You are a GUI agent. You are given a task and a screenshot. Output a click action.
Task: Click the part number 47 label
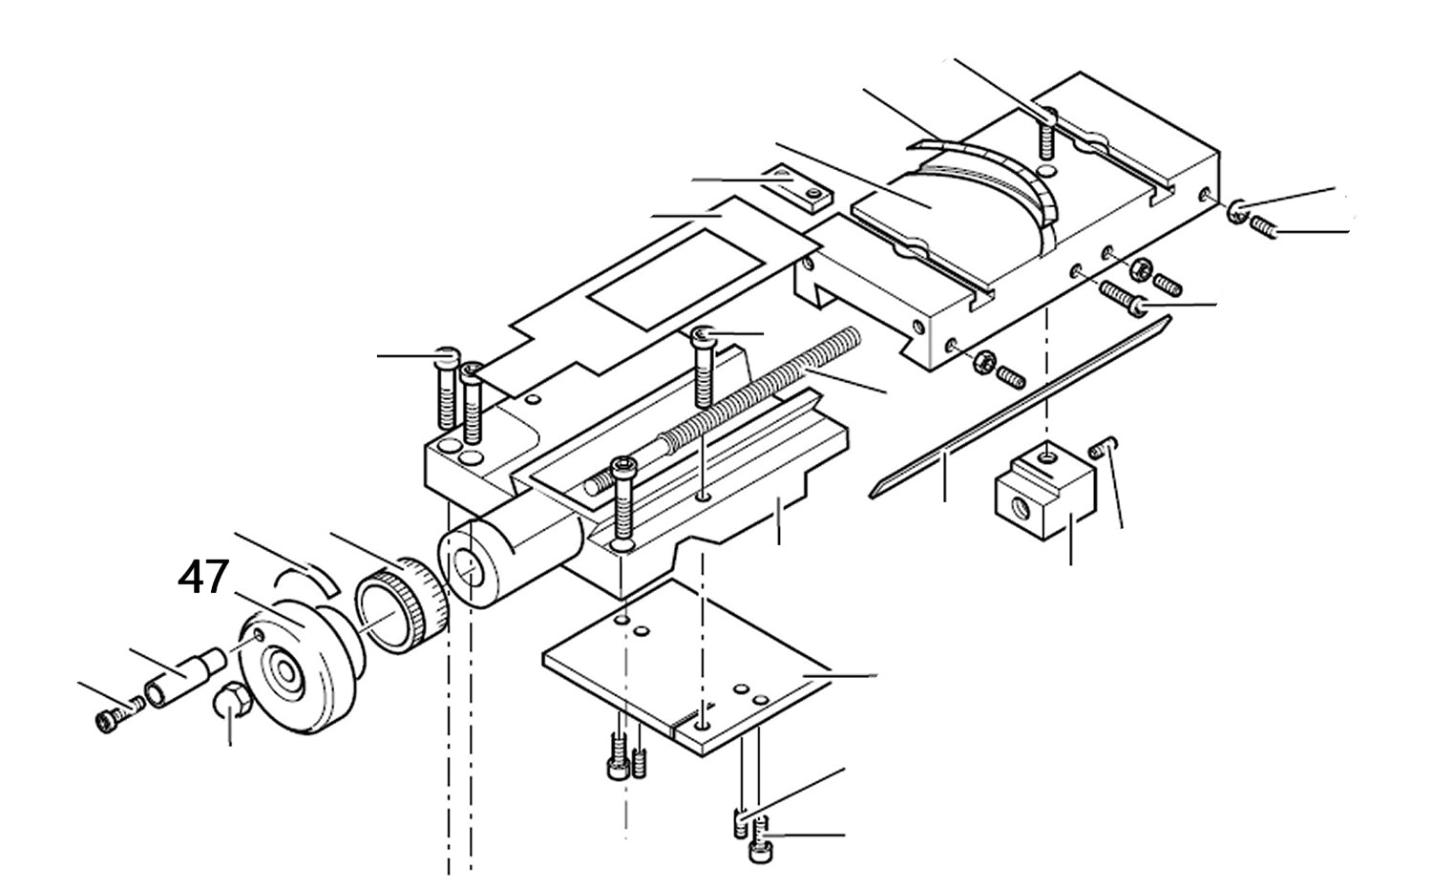coord(203,578)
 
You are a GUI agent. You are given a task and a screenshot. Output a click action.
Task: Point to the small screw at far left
coord(110,717)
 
